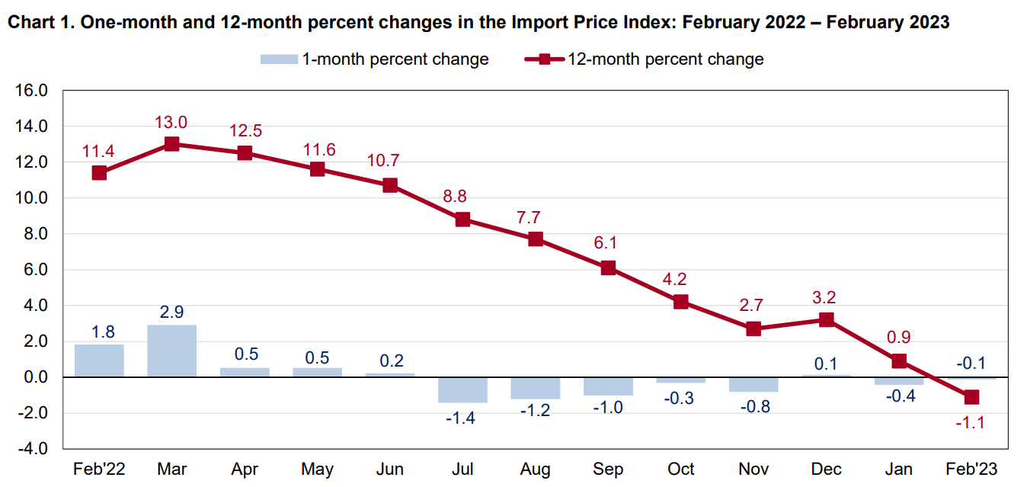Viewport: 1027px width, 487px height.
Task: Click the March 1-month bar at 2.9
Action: [x=171, y=351]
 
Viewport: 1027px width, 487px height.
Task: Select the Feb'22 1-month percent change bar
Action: [x=99, y=360]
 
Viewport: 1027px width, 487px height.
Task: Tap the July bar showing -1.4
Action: [x=462, y=389]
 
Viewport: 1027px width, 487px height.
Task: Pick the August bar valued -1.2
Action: [x=536, y=388]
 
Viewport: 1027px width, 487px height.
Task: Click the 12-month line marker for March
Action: [x=171, y=144]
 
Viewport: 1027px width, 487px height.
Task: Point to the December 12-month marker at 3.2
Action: [x=827, y=319]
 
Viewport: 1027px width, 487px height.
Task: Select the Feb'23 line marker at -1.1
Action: [x=971, y=397]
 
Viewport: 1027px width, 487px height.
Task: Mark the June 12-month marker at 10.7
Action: [x=390, y=185]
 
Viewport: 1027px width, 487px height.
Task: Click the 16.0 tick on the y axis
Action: [x=32, y=91]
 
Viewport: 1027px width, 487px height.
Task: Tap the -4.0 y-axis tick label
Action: [x=32, y=449]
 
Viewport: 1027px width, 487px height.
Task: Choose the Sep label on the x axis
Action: [x=608, y=469]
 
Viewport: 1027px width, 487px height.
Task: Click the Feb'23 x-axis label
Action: [x=971, y=469]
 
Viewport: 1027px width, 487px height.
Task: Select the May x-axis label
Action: [x=317, y=469]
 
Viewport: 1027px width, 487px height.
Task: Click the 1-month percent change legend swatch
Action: [x=278, y=59]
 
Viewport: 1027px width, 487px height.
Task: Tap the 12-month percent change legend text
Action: [x=665, y=59]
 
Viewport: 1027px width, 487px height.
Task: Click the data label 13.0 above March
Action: [x=171, y=122]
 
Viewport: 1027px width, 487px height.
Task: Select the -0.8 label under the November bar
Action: [x=753, y=406]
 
